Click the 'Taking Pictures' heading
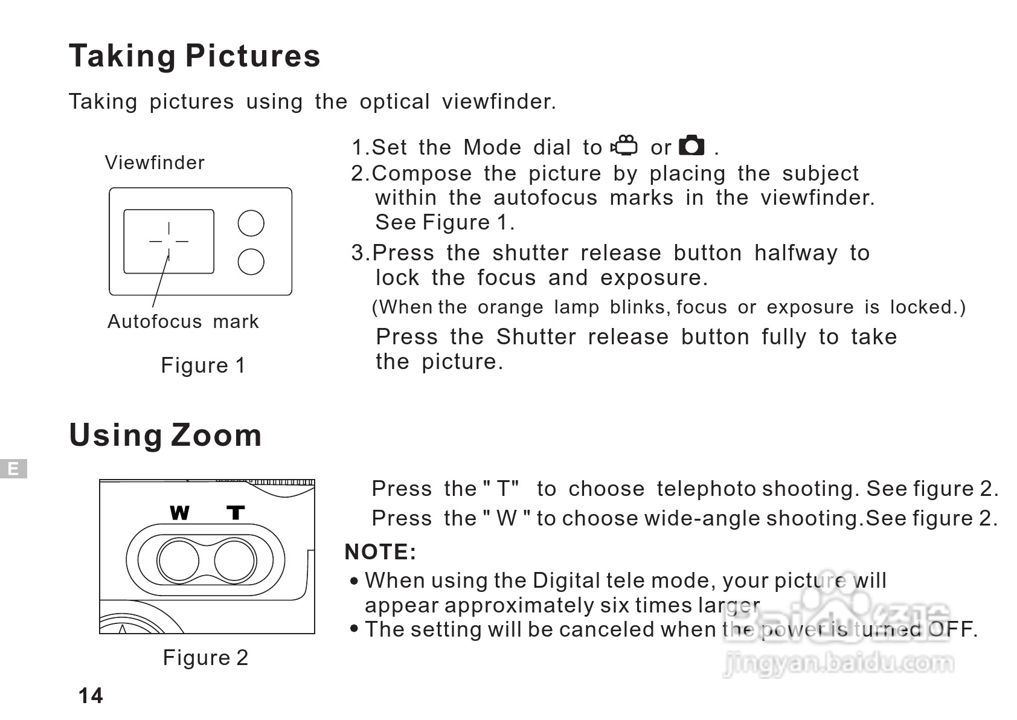195,56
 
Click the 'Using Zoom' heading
165,436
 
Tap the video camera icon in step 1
624,146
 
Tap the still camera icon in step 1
691,146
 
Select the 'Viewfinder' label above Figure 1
155,162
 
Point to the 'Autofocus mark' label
183,321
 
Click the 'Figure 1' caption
203,365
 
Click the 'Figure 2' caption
205,657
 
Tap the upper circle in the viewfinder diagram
251,223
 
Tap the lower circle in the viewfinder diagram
251,262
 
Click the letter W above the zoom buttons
180,513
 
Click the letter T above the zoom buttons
236,513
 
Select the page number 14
91,695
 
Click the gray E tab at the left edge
14,469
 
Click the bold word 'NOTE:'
380,552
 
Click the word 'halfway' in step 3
796,253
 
